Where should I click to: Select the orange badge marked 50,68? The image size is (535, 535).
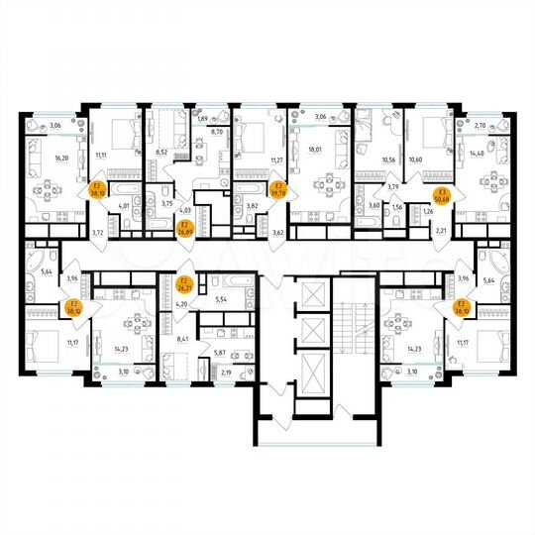pos(445,194)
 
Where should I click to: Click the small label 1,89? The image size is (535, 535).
pos(203,120)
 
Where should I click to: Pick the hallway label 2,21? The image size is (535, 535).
pos(442,229)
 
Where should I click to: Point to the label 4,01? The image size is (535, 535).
pos(125,205)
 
